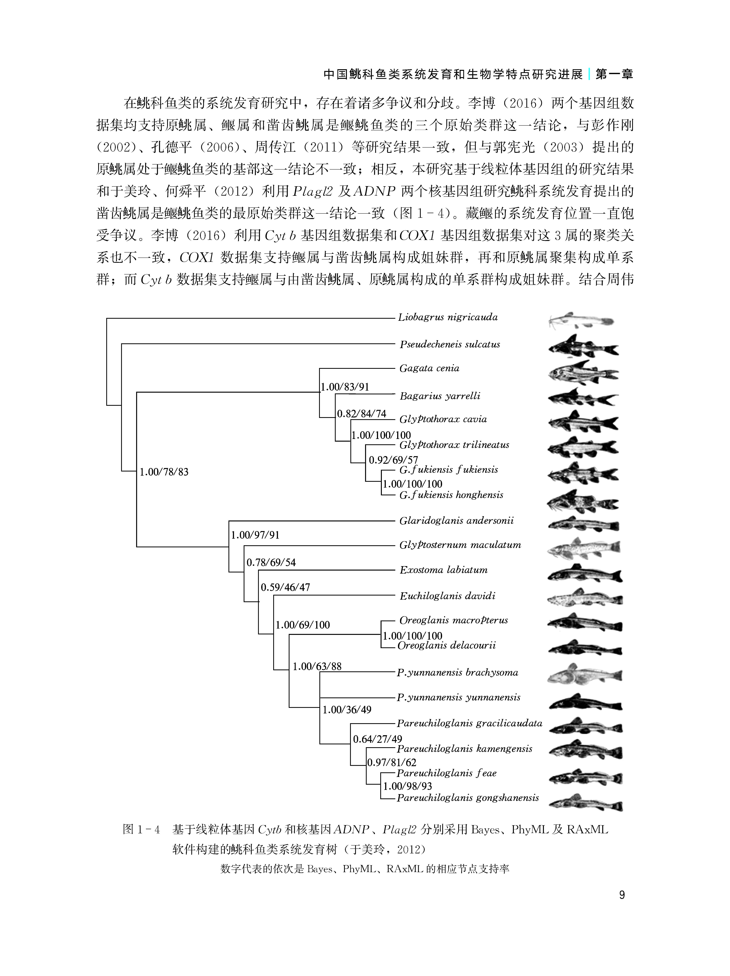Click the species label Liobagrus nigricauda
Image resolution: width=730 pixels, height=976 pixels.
tap(447, 317)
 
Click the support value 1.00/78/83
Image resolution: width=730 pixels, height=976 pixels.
tap(164, 472)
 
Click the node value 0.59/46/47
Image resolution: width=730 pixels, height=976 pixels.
tap(285, 587)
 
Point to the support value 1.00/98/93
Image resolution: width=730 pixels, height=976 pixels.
tap(407, 786)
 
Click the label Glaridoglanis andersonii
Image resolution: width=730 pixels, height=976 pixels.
tap(456, 521)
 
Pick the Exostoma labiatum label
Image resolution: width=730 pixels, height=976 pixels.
tap(443, 570)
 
